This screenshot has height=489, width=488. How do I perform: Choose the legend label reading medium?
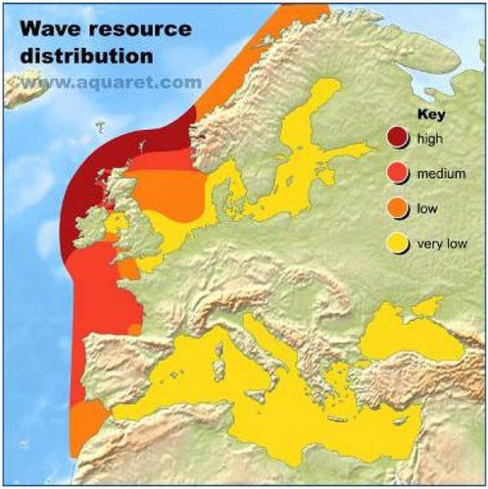coord(439,172)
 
